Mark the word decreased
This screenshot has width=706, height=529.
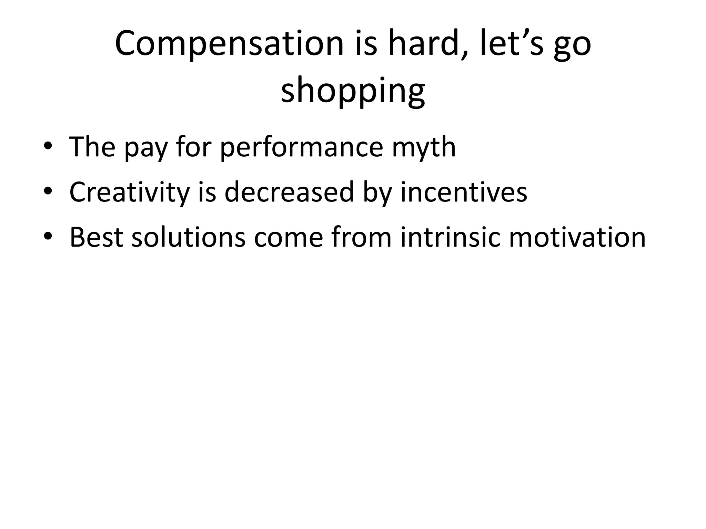[x=289, y=191]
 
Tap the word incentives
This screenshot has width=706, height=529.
[x=463, y=191]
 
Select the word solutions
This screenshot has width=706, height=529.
[x=189, y=237]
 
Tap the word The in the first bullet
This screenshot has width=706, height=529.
[x=92, y=147]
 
